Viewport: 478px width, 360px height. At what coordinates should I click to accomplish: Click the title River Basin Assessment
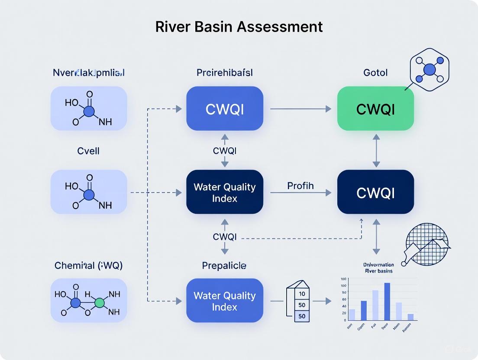point(239,27)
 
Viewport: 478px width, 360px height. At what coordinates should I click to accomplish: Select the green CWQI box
point(375,109)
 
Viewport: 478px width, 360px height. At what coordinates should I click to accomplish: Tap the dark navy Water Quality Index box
point(225,192)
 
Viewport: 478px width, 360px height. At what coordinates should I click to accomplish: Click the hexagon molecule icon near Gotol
point(430,69)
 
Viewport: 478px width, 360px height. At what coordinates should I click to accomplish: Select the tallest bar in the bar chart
point(387,301)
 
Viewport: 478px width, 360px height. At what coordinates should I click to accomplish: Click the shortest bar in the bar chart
point(410,317)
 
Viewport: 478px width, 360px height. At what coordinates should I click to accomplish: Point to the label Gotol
point(375,72)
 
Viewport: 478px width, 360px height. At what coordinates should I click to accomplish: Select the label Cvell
point(88,151)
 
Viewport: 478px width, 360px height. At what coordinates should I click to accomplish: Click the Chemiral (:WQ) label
point(88,265)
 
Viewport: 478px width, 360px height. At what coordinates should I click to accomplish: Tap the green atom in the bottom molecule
point(100,302)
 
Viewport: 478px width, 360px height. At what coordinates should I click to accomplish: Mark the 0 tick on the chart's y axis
point(344,320)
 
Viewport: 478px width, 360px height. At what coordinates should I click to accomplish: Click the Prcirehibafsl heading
point(224,72)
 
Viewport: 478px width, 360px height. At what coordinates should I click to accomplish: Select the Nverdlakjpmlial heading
point(88,72)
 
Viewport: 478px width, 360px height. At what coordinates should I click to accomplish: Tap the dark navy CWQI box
point(375,192)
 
